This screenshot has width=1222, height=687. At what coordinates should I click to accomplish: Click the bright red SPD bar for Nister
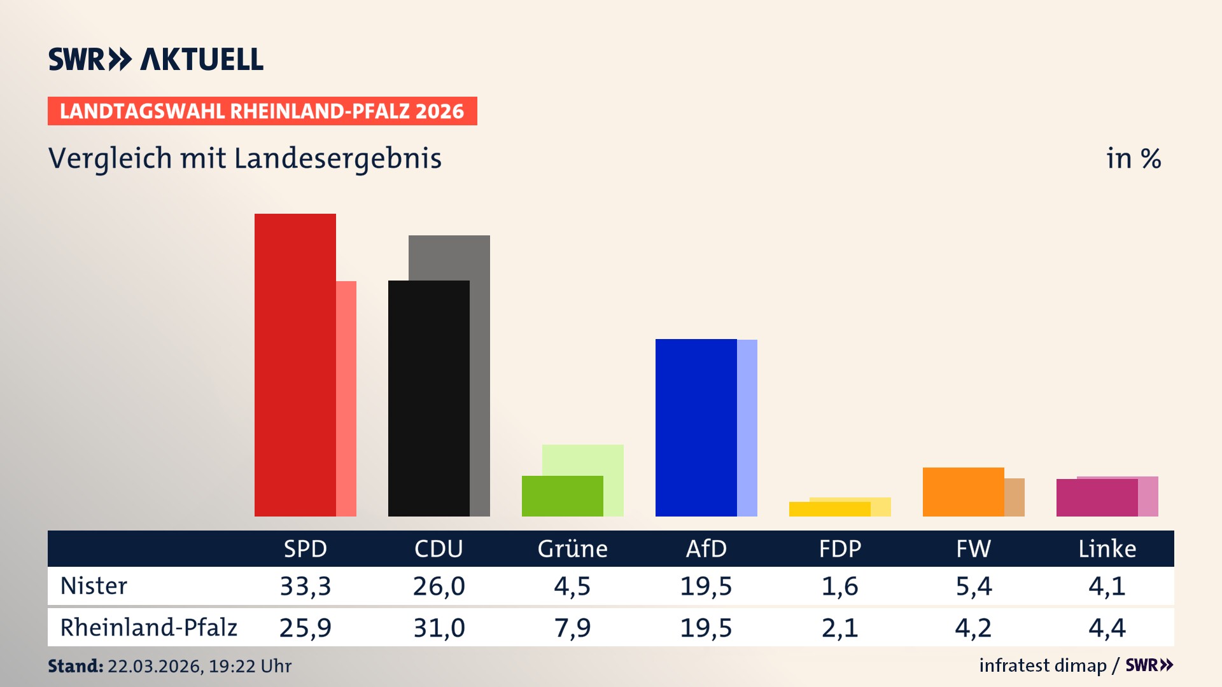coord(295,365)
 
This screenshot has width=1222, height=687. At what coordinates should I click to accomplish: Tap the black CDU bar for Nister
coord(428,398)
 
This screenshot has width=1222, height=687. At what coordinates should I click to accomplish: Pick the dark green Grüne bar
coord(562,496)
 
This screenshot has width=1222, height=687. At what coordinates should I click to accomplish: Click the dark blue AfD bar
coord(696,427)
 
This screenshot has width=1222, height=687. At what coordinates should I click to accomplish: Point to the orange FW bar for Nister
coord(963,492)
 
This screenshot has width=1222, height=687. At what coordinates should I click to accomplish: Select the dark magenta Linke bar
coord(1097,497)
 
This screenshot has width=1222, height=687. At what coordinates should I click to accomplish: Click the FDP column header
coord(839,548)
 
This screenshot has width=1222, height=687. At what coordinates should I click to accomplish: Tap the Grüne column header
coord(572,548)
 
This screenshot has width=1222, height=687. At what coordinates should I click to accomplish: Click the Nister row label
coord(94,586)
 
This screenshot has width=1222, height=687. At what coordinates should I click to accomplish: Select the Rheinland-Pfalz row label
coord(148,627)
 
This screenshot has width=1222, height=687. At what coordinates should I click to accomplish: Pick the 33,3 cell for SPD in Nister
coord(305,586)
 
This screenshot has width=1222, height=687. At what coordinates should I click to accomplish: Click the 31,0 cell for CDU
coord(439,628)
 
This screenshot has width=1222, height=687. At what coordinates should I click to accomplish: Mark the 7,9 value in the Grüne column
coord(572,628)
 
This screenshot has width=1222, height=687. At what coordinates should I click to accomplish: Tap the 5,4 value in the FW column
coord(973,586)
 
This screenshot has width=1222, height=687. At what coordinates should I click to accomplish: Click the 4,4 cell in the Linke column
coord(1107,628)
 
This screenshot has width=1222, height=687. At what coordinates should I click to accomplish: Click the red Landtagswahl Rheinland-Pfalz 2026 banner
coord(262,111)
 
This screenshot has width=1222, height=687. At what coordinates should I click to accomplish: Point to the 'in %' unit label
coord(1133,158)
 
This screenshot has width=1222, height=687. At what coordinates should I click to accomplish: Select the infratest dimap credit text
coord(1043,665)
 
